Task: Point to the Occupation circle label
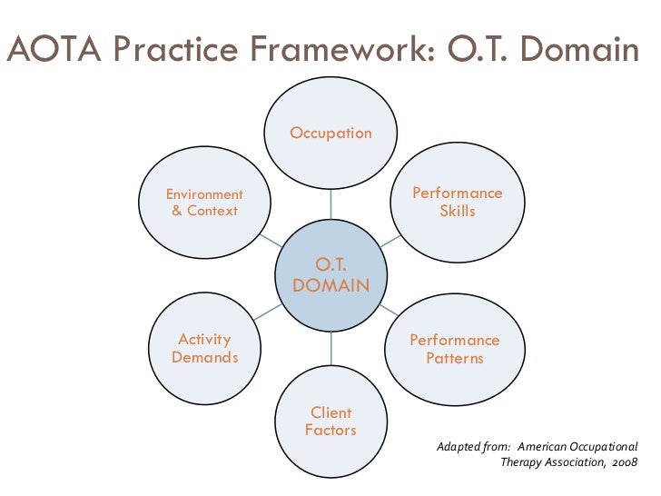tap(330, 134)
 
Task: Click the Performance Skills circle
tap(457, 203)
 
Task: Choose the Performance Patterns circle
tap(454, 349)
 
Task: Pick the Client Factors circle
tap(330, 421)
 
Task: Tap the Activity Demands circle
tap(204, 348)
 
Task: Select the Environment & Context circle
tap(204, 203)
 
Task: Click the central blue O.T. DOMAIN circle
tap(330, 275)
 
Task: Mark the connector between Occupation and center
tap(330, 205)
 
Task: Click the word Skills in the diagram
tap(457, 212)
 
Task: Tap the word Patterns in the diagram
tap(454, 359)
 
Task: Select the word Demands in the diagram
tap(204, 358)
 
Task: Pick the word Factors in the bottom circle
tap(330, 430)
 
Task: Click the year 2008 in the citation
tap(623, 461)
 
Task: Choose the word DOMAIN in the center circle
tap(330, 286)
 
